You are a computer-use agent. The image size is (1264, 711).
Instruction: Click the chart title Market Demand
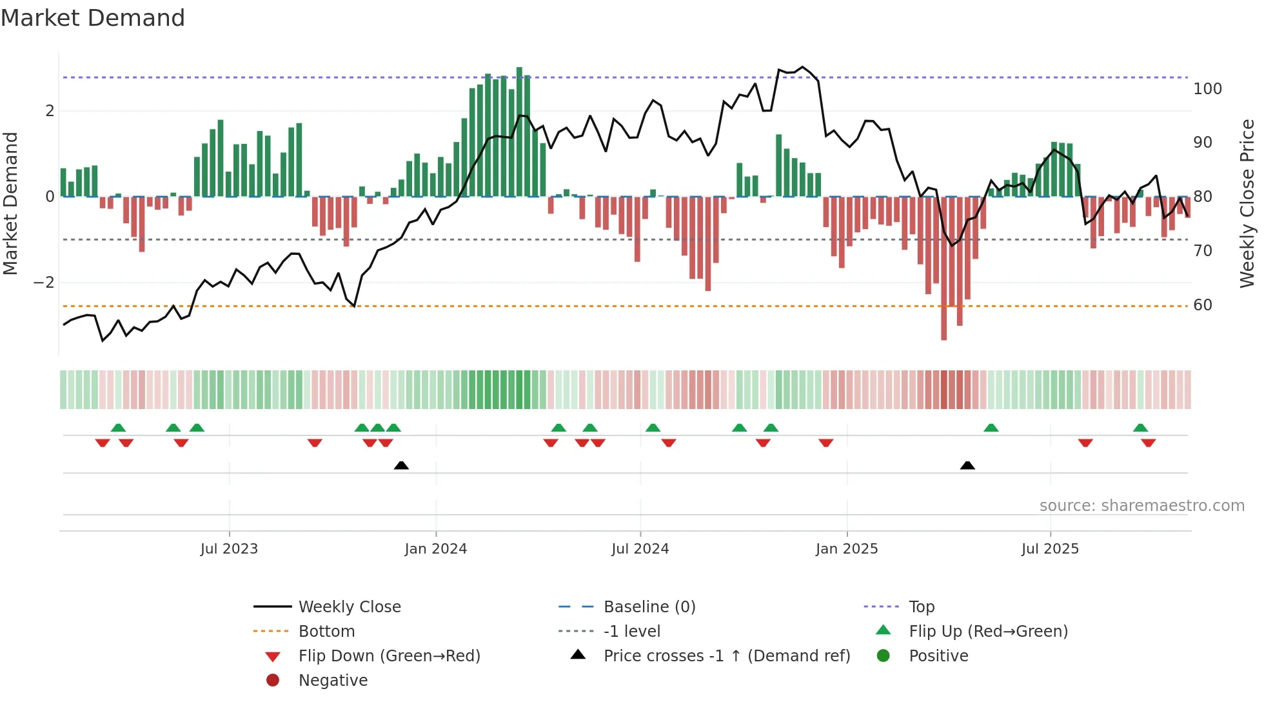93,18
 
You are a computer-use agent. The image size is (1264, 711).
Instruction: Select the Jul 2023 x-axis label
229,549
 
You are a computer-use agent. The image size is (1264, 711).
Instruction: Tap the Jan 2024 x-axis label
436,549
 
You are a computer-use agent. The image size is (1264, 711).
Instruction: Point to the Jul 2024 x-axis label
640,549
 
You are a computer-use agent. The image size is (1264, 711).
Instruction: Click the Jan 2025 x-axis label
847,549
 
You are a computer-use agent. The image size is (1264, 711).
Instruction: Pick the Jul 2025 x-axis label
1050,549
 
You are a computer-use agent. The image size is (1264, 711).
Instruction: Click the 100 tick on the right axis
1207,89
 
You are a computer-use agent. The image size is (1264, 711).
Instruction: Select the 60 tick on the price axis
1203,305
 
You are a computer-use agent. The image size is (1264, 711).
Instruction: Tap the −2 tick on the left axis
44,283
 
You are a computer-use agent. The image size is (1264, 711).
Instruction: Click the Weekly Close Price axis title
1247,203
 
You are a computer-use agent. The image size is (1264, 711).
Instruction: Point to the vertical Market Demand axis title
10,203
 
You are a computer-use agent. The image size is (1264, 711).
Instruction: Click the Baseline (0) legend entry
649,607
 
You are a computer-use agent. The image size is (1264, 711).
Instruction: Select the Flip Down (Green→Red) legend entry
389,656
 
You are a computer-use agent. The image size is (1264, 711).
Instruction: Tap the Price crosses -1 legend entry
727,656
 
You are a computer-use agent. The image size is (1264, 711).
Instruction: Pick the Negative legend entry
333,681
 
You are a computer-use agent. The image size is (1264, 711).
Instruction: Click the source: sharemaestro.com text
1141,506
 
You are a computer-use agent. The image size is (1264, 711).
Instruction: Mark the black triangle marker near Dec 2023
401,465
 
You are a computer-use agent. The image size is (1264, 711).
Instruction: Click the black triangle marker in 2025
967,465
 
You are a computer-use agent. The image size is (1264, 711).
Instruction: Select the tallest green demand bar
519,132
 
